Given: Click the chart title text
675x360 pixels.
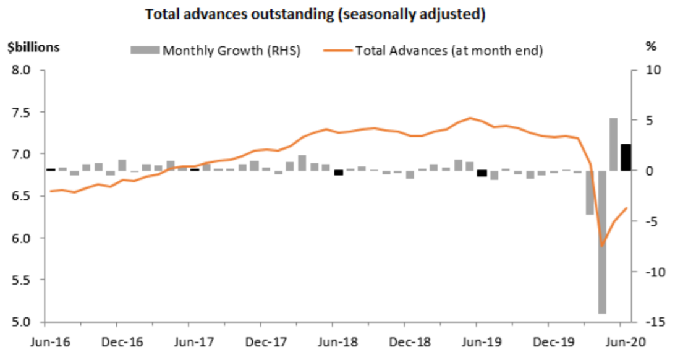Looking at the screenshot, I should tap(315, 14).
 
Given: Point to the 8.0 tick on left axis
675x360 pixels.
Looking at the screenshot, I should tap(22, 70).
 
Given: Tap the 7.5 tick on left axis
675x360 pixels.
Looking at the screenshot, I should tap(22, 112).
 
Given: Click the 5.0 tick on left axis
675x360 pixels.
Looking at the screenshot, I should tap(22, 322).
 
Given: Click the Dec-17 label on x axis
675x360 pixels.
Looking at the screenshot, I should tap(260, 341).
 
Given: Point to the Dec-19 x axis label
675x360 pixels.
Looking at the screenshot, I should tap(547, 341).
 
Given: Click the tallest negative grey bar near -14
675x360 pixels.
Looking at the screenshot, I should tap(601, 242).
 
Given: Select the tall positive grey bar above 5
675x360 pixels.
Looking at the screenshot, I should tap(613, 144).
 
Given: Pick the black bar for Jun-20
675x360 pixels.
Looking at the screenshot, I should tap(626, 157).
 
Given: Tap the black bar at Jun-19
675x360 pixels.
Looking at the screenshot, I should tap(482, 173).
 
